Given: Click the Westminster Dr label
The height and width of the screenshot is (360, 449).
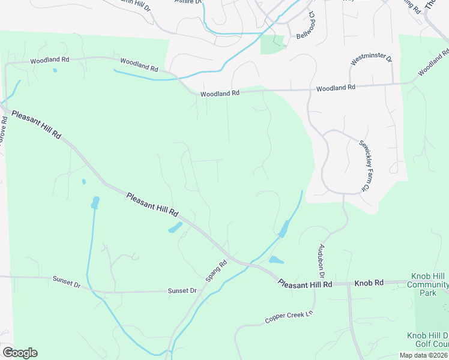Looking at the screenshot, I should (x=372, y=60).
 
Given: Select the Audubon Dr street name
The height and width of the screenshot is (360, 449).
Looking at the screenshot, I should (x=322, y=259).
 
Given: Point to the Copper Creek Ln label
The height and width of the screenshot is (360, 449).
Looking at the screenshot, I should (x=289, y=317).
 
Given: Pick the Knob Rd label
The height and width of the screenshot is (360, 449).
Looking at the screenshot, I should (x=368, y=283).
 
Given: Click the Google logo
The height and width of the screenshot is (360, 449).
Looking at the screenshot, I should (x=20, y=352).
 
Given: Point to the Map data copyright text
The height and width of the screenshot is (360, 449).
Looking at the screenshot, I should (x=423, y=355).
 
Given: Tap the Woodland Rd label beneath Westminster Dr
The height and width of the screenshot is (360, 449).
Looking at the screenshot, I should (x=336, y=88).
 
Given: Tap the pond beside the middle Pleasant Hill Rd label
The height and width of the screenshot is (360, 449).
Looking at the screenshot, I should (x=175, y=228).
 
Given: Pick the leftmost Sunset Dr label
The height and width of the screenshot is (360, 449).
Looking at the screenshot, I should (x=66, y=280).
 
